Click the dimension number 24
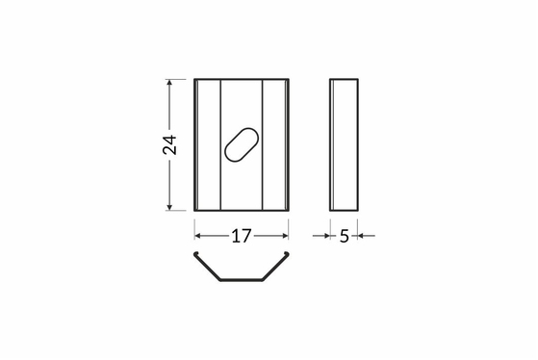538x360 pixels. coord(169,144)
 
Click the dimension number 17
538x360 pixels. coord(242,236)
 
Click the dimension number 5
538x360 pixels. coord(345,236)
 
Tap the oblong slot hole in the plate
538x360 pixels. coord(242,144)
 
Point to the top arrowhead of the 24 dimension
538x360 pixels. coord(169,83)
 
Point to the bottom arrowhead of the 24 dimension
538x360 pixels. coord(169,207)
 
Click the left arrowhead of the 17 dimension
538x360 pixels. coord(197,236)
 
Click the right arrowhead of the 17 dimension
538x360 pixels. coord(285,236)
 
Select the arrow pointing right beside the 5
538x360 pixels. coord(321,236)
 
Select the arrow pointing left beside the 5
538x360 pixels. coord(366,236)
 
